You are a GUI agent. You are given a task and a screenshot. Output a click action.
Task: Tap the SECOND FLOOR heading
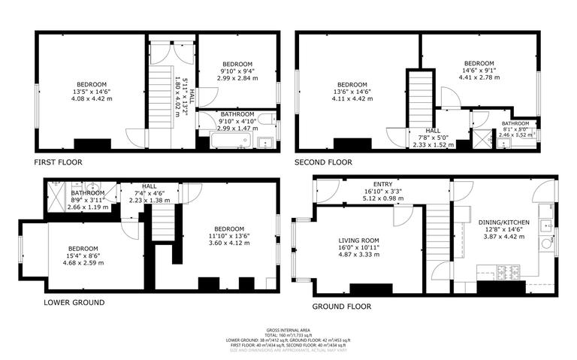pos(324,162)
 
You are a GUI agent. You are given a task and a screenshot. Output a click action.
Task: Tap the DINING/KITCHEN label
pos(505,222)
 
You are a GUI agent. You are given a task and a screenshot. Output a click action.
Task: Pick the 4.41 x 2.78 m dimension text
pos(478,76)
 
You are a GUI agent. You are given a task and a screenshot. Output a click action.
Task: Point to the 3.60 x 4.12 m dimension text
pos(227,243)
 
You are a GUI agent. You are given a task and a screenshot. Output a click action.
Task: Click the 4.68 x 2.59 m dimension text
pos(83,262)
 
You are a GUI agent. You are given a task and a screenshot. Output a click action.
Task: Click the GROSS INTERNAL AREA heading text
pos(288,331)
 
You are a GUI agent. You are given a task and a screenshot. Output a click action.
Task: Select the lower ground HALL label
pos(150,186)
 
